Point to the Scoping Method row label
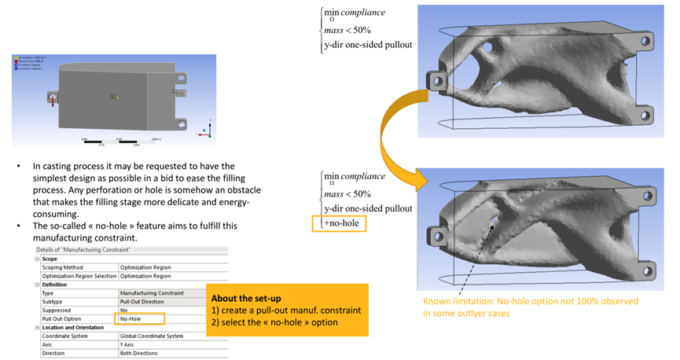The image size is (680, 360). pyautogui.click(x=63, y=267)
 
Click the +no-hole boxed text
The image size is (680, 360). pyautogui.click(x=344, y=223)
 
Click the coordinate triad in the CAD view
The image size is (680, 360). pyautogui.click(x=206, y=127)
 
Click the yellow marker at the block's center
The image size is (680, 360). pyautogui.click(x=116, y=97)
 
